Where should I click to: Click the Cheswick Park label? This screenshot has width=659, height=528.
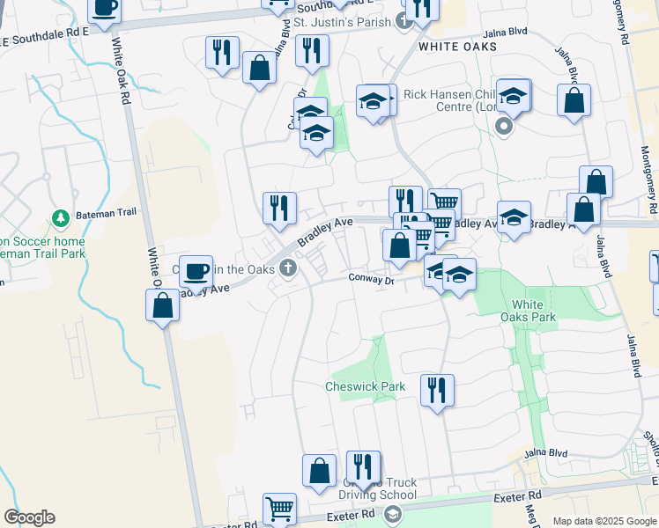click(x=365, y=386)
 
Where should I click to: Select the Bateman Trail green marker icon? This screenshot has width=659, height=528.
click(x=61, y=217)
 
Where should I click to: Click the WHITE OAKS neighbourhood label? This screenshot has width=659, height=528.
click(x=457, y=46)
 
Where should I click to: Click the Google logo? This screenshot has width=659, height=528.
click(x=29, y=517)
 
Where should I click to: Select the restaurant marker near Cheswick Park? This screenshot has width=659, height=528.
click(x=437, y=388)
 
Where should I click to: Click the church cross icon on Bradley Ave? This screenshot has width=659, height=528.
click(x=287, y=268)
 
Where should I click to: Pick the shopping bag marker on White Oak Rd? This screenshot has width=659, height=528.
click(x=163, y=306)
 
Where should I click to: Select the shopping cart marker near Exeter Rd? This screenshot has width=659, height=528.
click(x=280, y=508)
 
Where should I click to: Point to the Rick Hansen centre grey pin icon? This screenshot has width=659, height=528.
click(x=505, y=127)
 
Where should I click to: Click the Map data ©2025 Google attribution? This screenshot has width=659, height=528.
click(x=604, y=521)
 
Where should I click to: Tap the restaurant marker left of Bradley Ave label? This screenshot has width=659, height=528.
click(x=279, y=208)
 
